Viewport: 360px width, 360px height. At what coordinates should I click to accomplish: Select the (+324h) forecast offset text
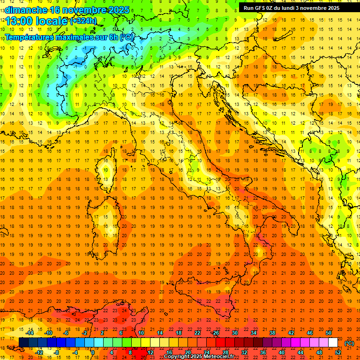(83, 21)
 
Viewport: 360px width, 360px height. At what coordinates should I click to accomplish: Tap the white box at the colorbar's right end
(333, 343)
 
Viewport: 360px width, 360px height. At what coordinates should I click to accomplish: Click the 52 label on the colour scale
(338, 352)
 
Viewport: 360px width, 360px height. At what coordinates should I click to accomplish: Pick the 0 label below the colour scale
(93, 352)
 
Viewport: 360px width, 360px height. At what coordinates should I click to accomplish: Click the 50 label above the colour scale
(329, 333)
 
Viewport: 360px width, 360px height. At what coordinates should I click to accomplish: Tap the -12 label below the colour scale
(39, 352)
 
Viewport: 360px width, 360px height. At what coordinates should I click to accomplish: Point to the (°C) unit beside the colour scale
(349, 343)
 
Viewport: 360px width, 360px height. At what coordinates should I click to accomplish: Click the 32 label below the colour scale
(244, 352)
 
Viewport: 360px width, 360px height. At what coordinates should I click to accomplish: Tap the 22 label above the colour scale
(197, 333)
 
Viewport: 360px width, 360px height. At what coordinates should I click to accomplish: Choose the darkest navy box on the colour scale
(23, 343)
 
